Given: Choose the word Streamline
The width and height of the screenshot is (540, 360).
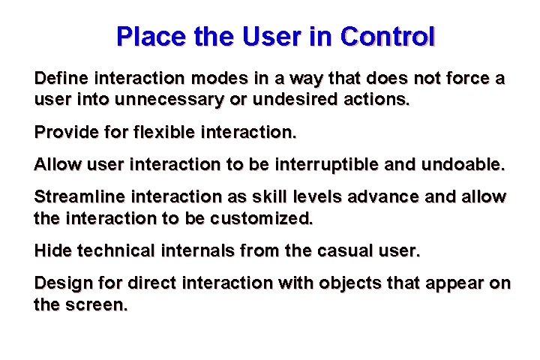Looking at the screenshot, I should point(75,198).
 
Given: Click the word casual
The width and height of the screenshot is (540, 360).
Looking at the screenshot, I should point(349,251).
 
